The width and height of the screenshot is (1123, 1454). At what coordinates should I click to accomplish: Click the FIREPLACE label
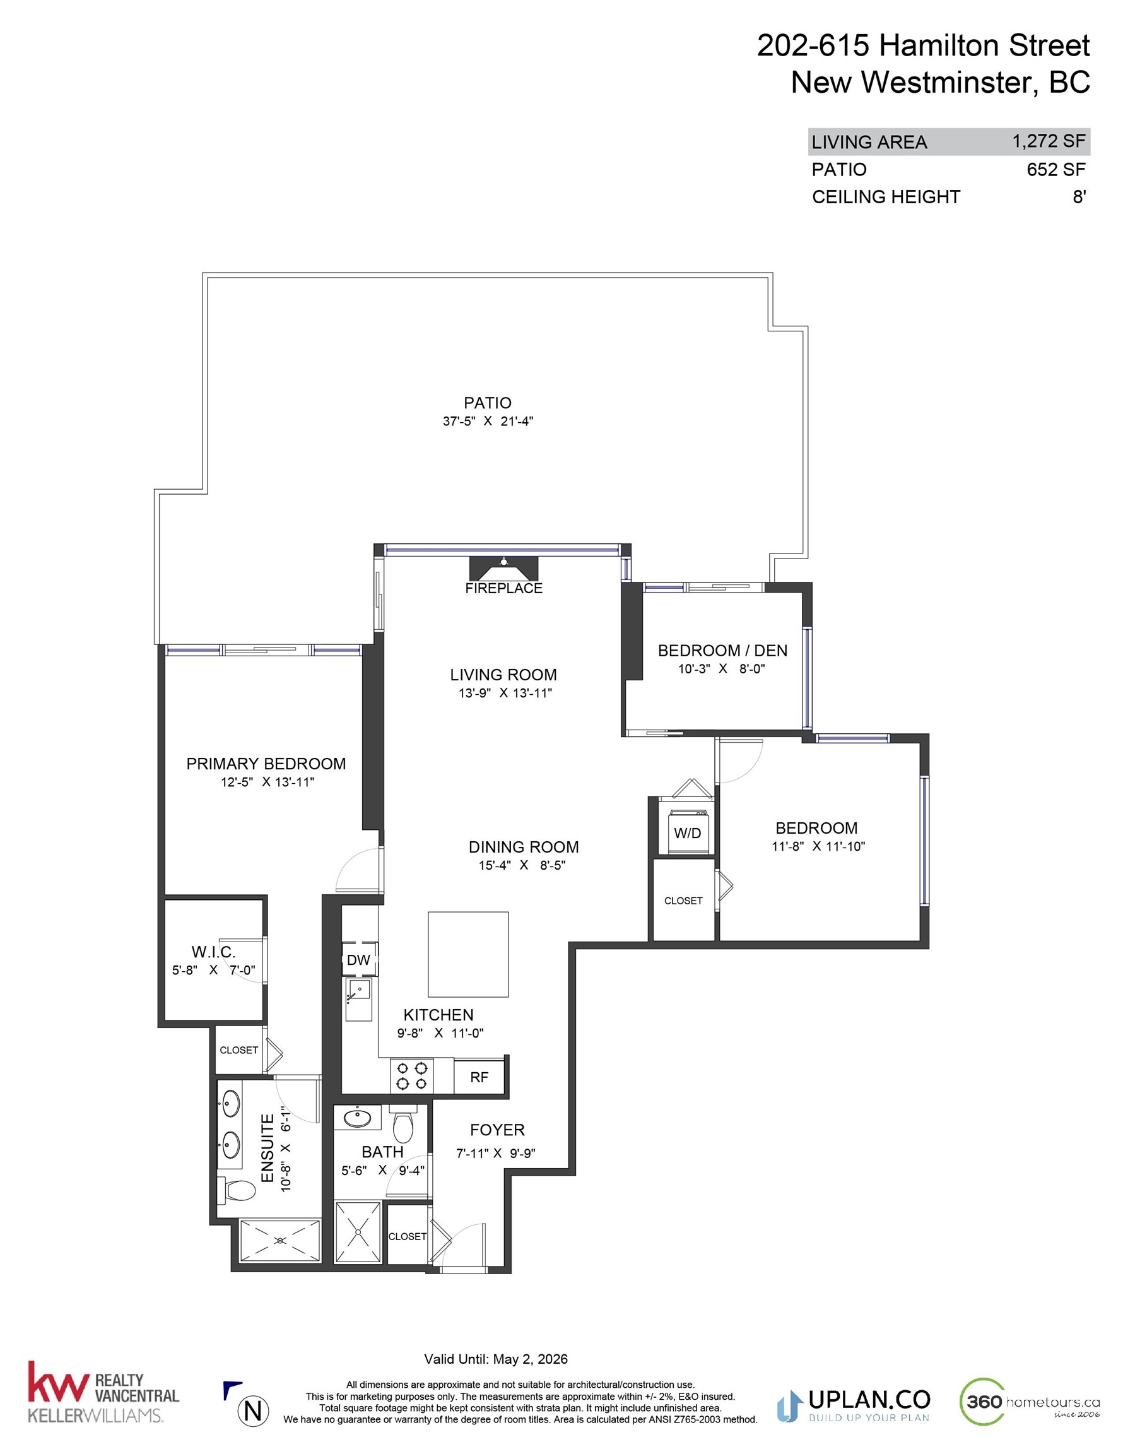click(x=503, y=588)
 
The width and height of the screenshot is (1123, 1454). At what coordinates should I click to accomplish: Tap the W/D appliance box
click(x=687, y=833)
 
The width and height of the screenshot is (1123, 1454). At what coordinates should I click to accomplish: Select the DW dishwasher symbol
click(x=358, y=960)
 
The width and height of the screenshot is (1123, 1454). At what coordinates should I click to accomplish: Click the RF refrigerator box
click(x=479, y=1077)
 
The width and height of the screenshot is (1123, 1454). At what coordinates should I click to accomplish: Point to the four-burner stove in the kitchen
click(x=411, y=1077)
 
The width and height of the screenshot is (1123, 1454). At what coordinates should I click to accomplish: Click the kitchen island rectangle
click(x=468, y=954)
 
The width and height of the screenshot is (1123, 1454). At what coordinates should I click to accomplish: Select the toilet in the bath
click(x=403, y=1126)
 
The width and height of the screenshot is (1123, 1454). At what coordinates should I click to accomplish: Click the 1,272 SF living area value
click(x=1049, y=141)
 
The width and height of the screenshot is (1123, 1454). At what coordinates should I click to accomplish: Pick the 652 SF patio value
click(x=1055, y=170)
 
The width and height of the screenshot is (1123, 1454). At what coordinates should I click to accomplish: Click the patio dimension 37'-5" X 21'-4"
click(x=488, y=422)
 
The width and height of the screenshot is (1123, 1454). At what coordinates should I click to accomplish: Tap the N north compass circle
click(x=253, y=1410)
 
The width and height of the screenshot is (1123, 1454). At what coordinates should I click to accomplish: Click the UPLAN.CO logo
click(x=854, y=1405)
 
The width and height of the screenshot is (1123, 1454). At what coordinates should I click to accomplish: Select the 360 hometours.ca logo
click(x=1029, y=1402)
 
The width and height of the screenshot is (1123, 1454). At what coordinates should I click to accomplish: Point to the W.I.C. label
click(x=213, y=952)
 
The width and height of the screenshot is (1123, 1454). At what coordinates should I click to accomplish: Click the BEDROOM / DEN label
click(x=722, y=651)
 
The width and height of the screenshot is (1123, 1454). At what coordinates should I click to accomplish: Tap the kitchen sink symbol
click(x=359, y=991)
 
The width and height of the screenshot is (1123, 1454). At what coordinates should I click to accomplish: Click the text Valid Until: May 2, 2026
click(x=496, y=1359)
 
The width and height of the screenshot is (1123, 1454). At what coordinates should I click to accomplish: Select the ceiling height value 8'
click(x=1078, y=197)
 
